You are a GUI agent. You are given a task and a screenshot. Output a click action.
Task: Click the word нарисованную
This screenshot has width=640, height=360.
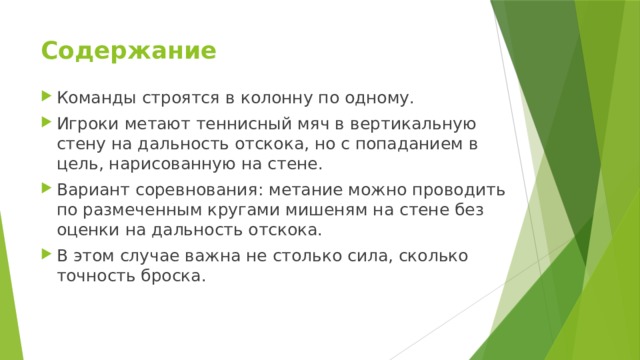[168, 163]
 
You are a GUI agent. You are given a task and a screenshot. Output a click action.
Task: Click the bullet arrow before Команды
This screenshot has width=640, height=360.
[47, 98]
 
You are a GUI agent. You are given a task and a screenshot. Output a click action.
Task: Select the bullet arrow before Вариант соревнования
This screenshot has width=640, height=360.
[47, 189]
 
